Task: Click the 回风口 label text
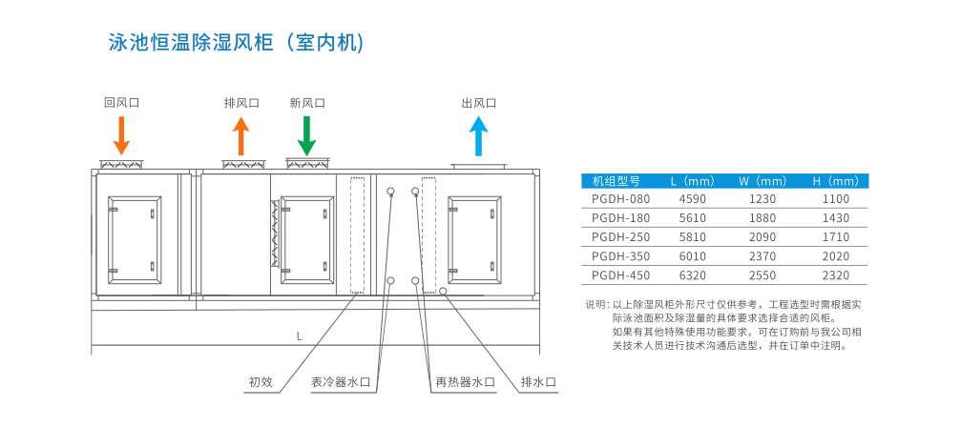(121, 103)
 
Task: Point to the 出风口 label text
(478, 103)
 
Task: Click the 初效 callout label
(261, 382)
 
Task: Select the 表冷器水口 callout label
(341, 382)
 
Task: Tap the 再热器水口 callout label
(466, 382)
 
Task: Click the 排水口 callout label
(538, 382)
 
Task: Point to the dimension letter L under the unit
(299, 336)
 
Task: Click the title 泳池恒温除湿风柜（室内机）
(237, 43)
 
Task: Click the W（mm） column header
(762, 180)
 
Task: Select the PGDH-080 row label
(620, 199)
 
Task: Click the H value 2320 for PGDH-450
(835, 275)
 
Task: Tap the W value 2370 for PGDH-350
(762, 256)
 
